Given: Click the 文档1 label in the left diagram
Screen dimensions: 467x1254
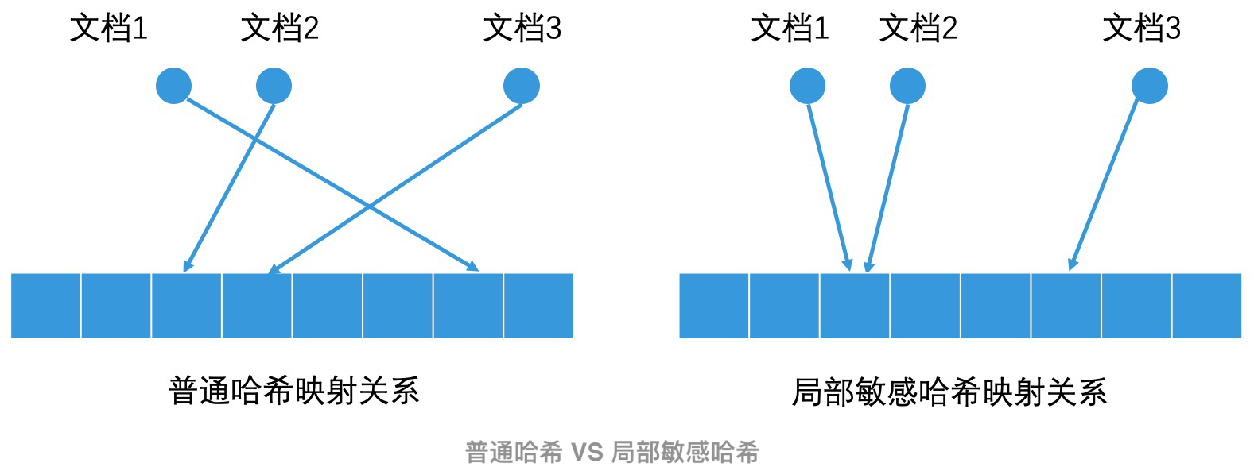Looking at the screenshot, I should coord(109,29).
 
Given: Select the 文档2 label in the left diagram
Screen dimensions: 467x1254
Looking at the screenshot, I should coord(280,29).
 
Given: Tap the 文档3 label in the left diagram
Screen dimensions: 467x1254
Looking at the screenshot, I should coord(522,29).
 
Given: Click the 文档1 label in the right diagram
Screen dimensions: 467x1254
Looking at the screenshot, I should coord(790,29).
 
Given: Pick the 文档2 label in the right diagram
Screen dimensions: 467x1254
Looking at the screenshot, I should coord(918,29).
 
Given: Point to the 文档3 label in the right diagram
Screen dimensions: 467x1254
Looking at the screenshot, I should coord(1142,29).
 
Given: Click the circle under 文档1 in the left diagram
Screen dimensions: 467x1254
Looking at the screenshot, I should coord(173,86).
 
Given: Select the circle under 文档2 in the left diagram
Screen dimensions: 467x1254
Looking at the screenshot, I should coord(274,86).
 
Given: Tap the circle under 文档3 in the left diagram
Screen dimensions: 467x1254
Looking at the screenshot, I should coord(522,86).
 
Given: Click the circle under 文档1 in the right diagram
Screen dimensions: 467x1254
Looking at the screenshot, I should coord(807,86).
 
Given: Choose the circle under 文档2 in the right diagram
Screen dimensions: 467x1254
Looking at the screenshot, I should coord(907,86).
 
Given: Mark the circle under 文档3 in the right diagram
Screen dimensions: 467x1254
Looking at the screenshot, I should coord(1150,86).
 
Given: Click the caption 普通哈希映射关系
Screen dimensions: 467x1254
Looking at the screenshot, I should coord(294,392).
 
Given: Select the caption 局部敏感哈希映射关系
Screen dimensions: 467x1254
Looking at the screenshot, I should coord(949,392).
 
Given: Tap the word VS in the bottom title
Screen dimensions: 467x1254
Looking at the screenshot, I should coord(587,453).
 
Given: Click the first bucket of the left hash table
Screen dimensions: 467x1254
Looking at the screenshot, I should coord(45,306).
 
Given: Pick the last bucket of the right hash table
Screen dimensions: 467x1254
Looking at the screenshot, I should coord(1206,306).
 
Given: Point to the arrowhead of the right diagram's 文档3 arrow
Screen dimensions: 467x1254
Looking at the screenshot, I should coord(1073,264).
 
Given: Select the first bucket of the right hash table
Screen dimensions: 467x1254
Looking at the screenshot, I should coord(714,306).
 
